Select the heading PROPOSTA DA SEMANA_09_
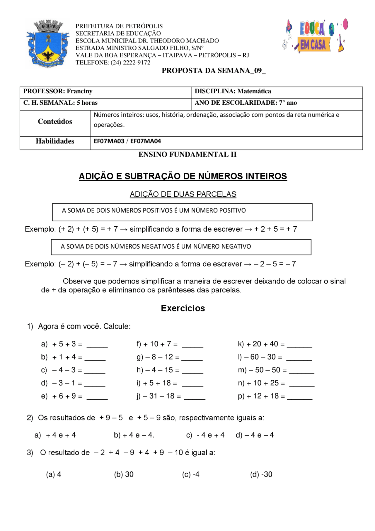point(214,71)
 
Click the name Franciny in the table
point(79,91)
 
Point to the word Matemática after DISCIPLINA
point(254,91)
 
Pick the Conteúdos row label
point(55,121)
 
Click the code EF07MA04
point(146,141)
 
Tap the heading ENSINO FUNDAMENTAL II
point(187,155)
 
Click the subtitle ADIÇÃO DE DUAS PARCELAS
point(183,194)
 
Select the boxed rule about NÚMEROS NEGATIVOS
point(181,247)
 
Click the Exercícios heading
point(183,308)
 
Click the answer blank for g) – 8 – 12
point(192,358)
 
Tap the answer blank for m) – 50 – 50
point(301,371)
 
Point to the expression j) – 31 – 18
point(158,396)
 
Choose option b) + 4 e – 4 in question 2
point(134,435)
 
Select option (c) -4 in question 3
point(191,474)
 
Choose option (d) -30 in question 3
point(261,474)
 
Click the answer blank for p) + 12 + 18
point(300,398)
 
